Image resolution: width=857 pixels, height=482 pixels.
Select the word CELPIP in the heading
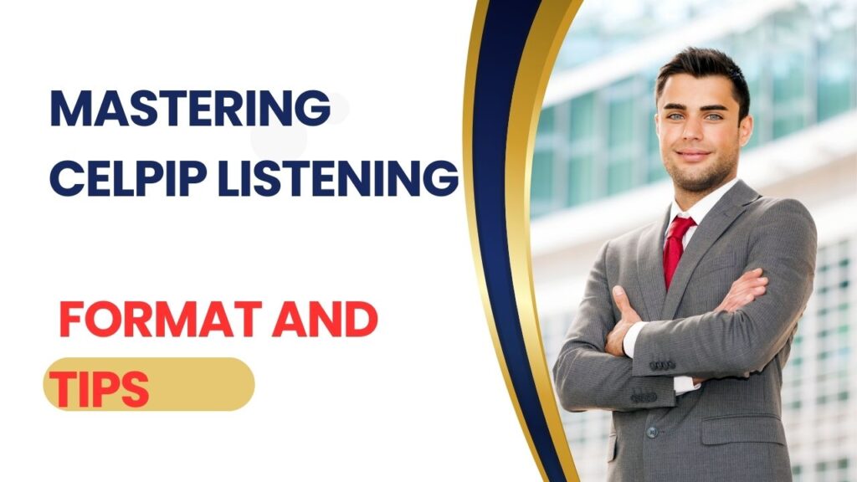[131, 178]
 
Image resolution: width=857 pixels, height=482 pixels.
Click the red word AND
[331, 321]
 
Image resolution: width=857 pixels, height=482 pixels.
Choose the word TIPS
[99, 387]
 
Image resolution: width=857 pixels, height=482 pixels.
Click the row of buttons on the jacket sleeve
[662, 366]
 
